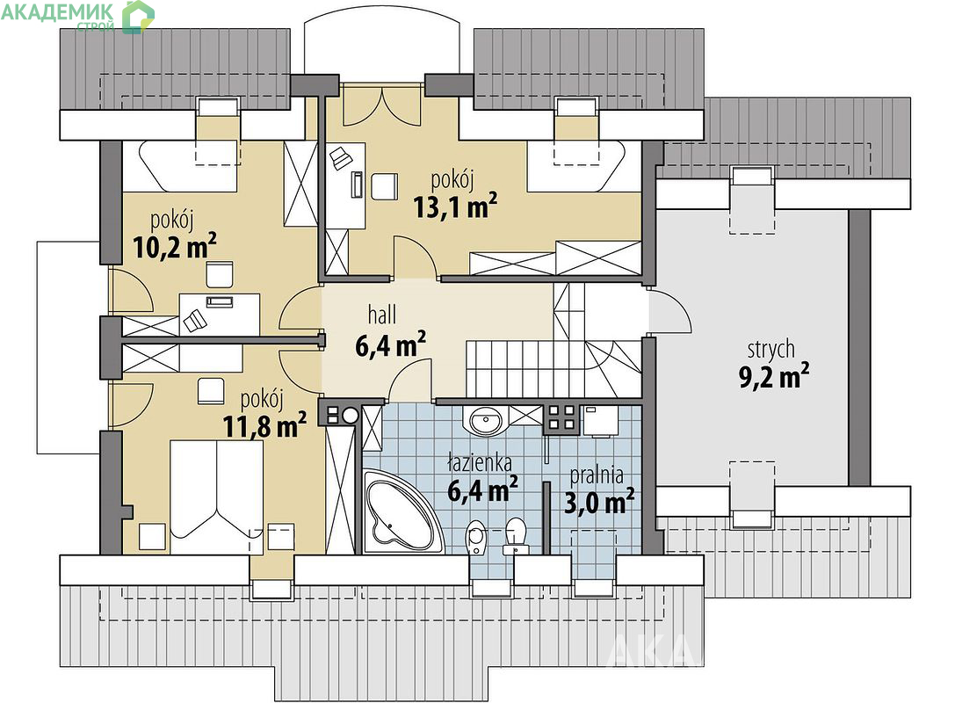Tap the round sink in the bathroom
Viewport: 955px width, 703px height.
pyautogui.click(x=486, y=419)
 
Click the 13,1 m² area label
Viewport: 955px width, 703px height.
pyautogui.click(x=455, y=206)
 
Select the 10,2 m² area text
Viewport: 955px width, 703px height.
pyautogui.click(x=174, y=245)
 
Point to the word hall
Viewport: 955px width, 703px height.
pyautogui.click(x=382, y=315)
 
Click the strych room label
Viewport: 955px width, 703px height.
pyautogui.click(x=771, y=350)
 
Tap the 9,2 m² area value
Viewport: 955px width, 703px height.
pyautogui.click(x=774, y=376)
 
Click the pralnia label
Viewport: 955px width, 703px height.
pyautogui.click(x=597, y=475)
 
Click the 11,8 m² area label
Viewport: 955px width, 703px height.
pyautogui.click(x=264, y=426)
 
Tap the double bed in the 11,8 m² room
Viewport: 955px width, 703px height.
pyautogui.click(x=217, y=496)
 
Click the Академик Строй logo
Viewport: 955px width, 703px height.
pyautogui.click(x=77, y=16)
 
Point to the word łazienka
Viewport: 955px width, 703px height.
pyautogui.click(x=479, y=464)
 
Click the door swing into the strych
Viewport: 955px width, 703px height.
pyautogui.click(x=670, y=311)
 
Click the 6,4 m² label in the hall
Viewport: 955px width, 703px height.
pyautogui.click(x=390, y=344)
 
